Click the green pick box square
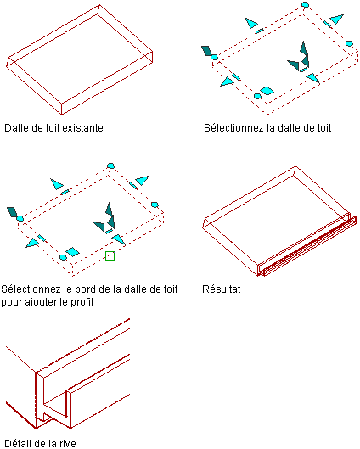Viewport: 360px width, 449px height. tap(110, 255)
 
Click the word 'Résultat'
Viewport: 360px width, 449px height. tap(221, 289)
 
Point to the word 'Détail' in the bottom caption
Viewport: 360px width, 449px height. tap(17, 444)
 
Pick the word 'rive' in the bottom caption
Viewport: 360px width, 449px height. tap(68, 444)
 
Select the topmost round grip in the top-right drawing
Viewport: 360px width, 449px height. tap(306, 4)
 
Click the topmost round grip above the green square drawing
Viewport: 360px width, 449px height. tap(111, 166)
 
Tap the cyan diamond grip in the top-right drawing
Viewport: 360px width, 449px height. tap(267, 91)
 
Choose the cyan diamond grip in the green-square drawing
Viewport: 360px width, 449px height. tap(72, 252)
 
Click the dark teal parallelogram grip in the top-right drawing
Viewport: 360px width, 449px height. tap(206, 51)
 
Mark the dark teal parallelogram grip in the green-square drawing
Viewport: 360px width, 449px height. tap(12, 212)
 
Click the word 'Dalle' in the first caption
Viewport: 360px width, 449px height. tap(17, 127)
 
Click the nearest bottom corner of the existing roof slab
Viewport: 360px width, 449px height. tap(62, 115)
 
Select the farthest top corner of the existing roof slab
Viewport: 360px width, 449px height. tap(99, 4)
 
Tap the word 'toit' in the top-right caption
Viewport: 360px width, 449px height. tap(323, 127)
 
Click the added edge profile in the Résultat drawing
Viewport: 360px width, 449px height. tap(309, 245)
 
